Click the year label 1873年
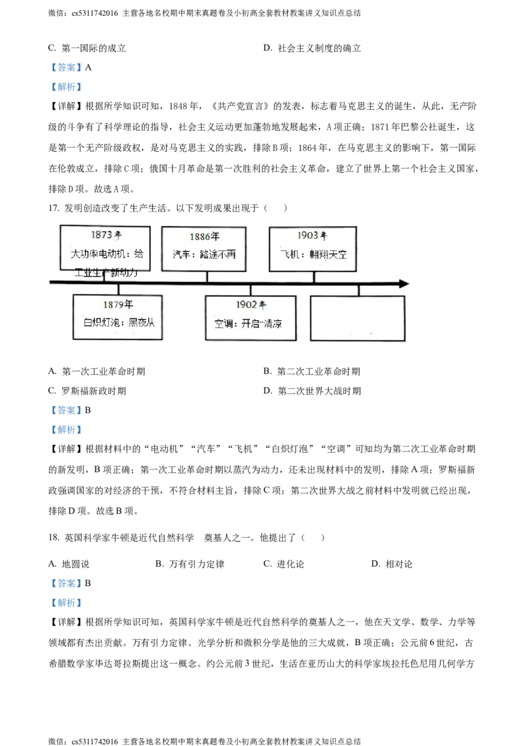tap(106, 235)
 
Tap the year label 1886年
tap(204, 237)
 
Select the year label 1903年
tap(312, 235)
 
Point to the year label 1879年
tap(118, 304)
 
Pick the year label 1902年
tap(251, 305)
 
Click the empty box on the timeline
tap(358, 318)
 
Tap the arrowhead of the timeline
tap(402, 284)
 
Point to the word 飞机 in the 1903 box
tap(289, 254)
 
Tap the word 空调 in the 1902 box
tap(223, 324)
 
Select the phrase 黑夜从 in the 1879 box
tap(145, 323)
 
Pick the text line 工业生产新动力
tap(105, 272)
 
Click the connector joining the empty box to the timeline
tap(359, 291)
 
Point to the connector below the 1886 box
tap(207, 277)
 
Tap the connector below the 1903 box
tap(314, 277)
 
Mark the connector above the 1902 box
tap(251, 290)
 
